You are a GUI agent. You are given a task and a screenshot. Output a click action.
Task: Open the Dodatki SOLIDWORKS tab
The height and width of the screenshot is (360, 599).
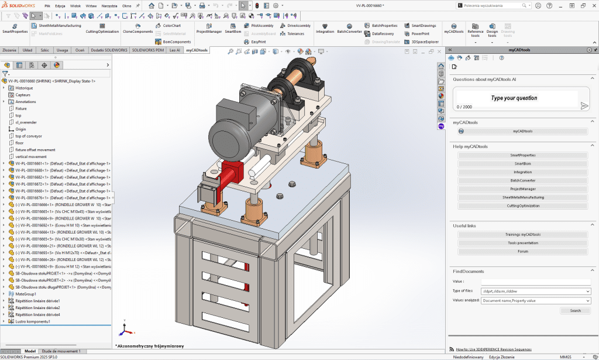click(109, 50)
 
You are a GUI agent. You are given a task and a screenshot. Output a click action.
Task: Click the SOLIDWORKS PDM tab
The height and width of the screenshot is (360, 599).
click(149, 50)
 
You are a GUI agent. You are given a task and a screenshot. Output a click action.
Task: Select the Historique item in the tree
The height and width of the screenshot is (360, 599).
click(24, 88)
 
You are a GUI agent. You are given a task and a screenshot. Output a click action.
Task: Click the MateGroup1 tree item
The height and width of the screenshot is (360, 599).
click(26, 294)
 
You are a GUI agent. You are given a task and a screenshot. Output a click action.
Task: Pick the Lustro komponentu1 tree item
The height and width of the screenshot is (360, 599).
click(33, 321)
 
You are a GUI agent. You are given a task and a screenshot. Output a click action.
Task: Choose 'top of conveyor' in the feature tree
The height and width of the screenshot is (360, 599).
click(29, 136)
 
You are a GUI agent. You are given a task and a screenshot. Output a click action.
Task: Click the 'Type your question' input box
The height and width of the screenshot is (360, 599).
click(515, 98)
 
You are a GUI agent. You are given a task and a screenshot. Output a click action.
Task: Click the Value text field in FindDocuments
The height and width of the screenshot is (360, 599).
click(535, 282)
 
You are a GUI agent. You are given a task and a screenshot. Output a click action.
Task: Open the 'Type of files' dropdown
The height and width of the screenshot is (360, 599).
click(535, 291)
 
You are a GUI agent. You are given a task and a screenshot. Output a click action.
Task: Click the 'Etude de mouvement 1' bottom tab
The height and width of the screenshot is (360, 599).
click(61, 351)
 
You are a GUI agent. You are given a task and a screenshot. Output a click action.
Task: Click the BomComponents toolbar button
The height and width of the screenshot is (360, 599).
click(176, 42)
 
